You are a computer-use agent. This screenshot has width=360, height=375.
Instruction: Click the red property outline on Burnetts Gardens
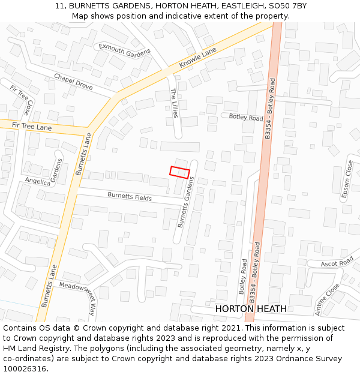click(179, 172)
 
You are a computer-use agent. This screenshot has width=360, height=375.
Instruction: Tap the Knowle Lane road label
click(197, 58)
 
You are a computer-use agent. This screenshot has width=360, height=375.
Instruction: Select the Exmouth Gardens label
click(124, 50)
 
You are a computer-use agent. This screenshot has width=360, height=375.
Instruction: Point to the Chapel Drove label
click(73, 82)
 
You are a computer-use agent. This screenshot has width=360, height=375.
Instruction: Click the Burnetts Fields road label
click(130, 196)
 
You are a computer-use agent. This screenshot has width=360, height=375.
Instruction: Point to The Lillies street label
click(175, 103)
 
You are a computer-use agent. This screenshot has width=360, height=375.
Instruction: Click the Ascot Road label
click(337, 263)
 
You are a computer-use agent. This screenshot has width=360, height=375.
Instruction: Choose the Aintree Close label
click(327, 299)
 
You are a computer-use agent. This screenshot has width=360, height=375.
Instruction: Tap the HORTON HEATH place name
click(250, 309)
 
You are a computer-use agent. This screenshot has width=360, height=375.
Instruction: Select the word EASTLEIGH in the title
click(236, 5)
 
